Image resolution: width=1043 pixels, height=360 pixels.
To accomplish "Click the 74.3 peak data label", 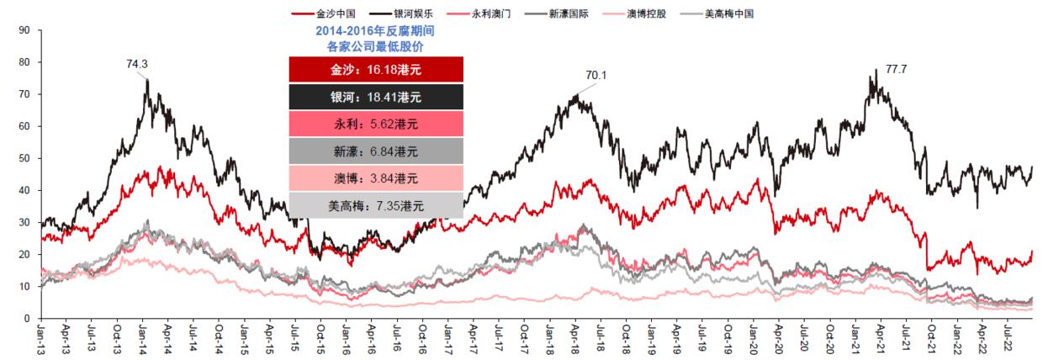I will tap(138, 63).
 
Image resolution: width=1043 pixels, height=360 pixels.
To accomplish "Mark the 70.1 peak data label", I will tap(596, 76).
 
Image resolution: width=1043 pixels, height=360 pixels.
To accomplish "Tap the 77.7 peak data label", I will tap(897, 69).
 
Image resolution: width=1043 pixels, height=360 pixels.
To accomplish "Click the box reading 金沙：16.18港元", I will tap(375, 70).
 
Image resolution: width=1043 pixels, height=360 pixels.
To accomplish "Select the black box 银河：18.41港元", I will tap(375, 97).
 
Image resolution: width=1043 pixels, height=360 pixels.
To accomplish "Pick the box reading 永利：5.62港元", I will tap(375, 124).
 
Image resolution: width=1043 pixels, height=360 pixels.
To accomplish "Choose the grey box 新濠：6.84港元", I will tap(375, 151).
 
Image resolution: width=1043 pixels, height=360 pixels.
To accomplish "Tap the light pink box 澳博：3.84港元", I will tap(375, 177).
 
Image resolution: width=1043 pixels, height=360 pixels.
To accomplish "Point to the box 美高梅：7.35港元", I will tap(375, 204).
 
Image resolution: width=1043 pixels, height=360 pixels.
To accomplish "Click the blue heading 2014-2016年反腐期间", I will tap(375, 30).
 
